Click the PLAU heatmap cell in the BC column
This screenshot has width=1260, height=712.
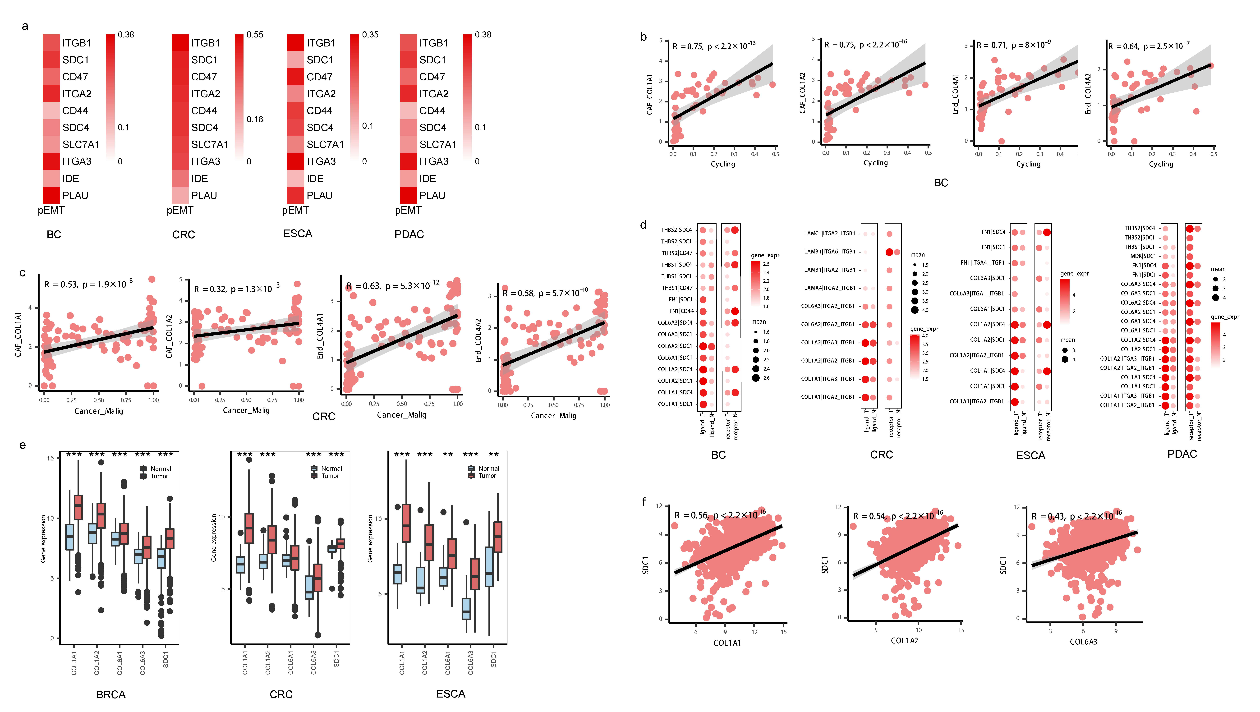(51, 195)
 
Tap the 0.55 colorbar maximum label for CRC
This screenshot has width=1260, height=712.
(255, 35)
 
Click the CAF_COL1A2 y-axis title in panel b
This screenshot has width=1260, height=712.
(802, 93)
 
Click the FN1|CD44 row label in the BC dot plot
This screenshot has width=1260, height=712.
(681, 311)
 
